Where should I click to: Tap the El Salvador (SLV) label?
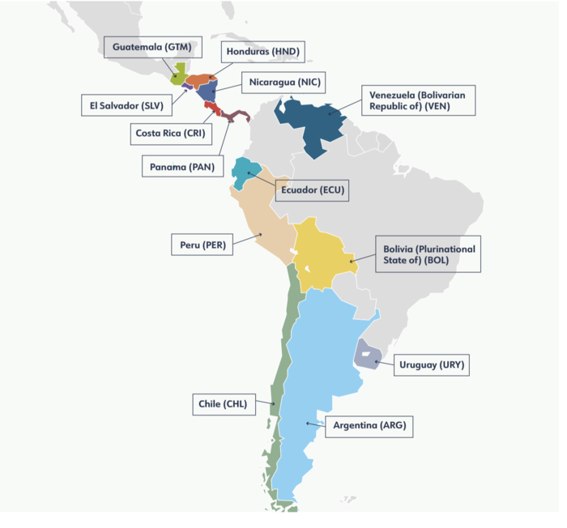(x=127, y=104)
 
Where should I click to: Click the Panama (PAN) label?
(x=182, y=167)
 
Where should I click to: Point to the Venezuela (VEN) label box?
(x=418, y=100)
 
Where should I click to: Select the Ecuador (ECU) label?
(x=312, y=191)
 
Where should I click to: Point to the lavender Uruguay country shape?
(x=366, y=355)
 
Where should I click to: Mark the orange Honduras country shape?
(x=201, y=80)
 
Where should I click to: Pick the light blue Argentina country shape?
(x=316, y=381)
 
